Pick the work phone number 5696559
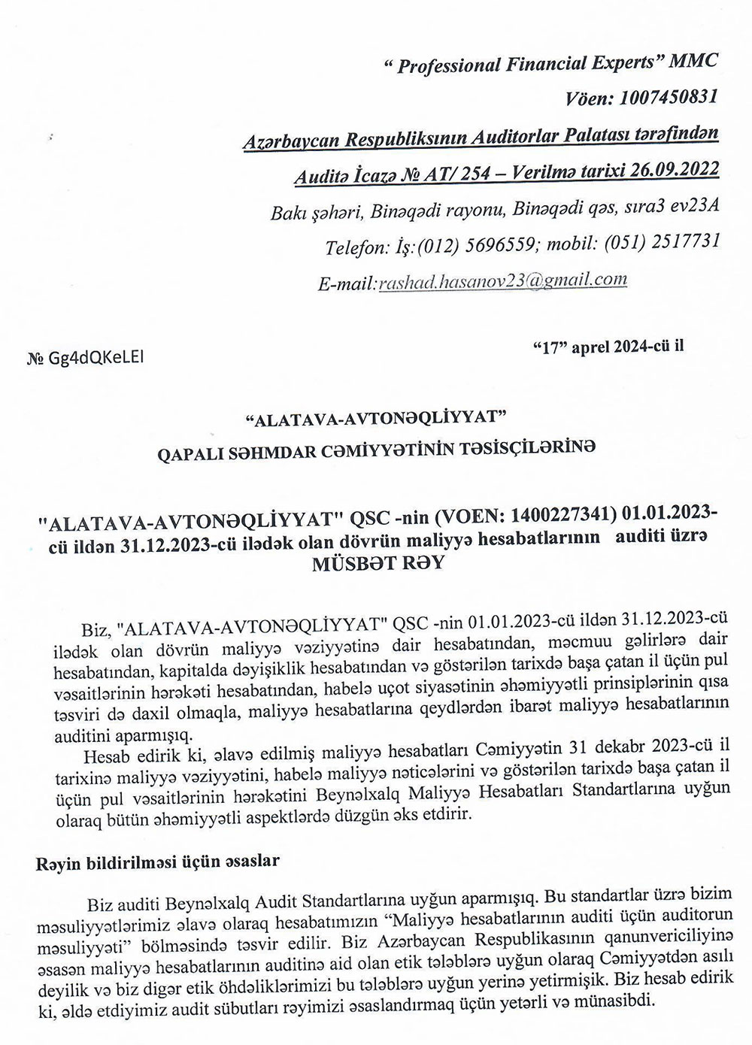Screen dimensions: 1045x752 pyautogui.click(x=493, y=245)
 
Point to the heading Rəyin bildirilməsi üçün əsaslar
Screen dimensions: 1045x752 pyautogui.click(x=158, y=862)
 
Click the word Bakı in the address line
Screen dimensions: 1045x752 pyautogui.click(x=286, y=214)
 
